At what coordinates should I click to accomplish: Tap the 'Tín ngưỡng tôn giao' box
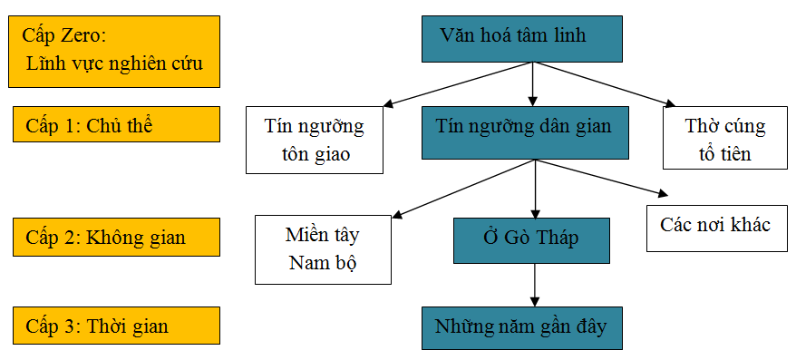pyautogui.click(x=315, y=140)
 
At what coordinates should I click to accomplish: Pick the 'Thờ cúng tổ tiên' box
pyautogui.click(x=725, y=138)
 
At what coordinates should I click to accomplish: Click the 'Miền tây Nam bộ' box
pyautogui.click(x=323, y=249)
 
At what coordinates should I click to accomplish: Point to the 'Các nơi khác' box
pyautogui.click(x=715, y=226)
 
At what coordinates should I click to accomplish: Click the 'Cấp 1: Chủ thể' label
pyautogui.click(x=117, y=124)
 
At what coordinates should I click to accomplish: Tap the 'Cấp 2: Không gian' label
pyautogui.click(x=117, y=237)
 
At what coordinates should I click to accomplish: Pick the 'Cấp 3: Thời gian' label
pyautogui.click(x=117, y=325)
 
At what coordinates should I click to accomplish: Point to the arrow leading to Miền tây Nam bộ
pyautogui.click(x=462, y=189)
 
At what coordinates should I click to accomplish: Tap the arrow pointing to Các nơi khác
pyautogui.click(x=603, y=178)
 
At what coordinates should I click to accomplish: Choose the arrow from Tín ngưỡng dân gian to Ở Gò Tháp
pyautogui.click(x=533, y=190)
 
